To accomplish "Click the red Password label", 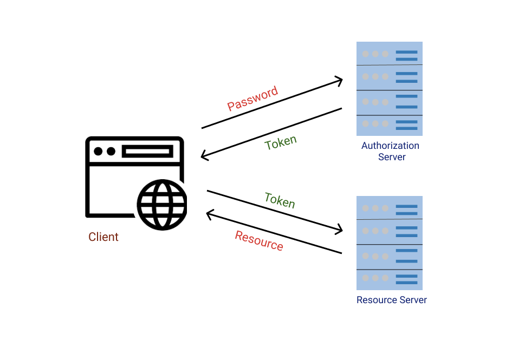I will tap(252, 99).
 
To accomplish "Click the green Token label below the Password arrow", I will tap(281, 143).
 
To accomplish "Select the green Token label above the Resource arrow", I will tap(280, 200).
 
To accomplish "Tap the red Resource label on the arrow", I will tap(259, 240).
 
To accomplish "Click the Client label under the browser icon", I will tap(103, 237).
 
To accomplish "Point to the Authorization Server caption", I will tap(390, 151).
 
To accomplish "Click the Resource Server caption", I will tap(391, 300).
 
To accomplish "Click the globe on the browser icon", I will tap(162, 205).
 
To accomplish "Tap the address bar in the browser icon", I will tap(147, 151).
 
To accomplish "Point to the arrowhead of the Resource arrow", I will tap(210, 215).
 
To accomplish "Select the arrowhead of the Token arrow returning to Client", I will tap(204, 156).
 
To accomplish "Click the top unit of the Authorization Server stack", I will tap(389, 54).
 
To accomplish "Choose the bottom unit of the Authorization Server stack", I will tap(389, 126).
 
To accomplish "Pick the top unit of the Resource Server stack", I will tap(389, 208).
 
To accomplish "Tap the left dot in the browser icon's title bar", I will tap(99, 151).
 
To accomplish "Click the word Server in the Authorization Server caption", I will tap(392, 157).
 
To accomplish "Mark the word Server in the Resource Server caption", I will tap(412, 300).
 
